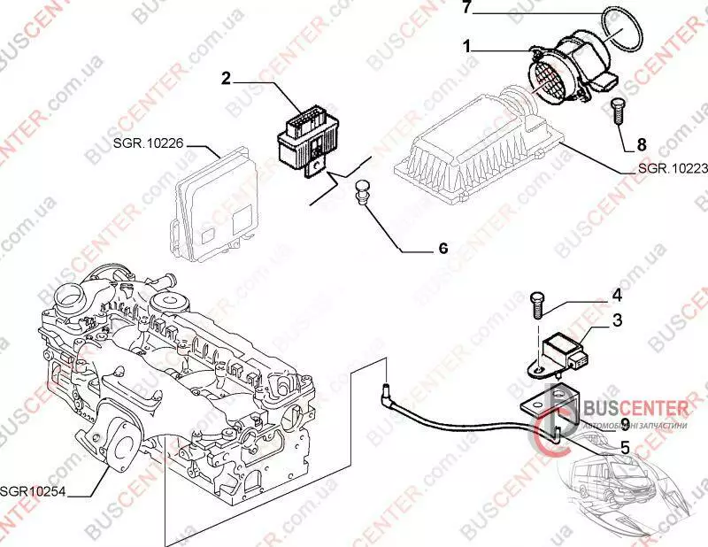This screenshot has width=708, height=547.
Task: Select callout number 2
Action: [x=227, y=79]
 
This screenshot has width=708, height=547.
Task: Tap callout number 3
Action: [x=618, y=320]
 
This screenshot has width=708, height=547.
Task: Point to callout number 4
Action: [x=617, y=295]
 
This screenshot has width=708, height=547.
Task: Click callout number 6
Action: [x=442, y=249]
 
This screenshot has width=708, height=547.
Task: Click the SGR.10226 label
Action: [x=148, y=141]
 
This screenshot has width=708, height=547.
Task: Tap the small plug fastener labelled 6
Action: [x=360, y=190]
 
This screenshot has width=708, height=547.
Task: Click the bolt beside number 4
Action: [x=536, y=305]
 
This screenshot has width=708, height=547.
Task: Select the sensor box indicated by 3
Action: [x=566, y=349]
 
